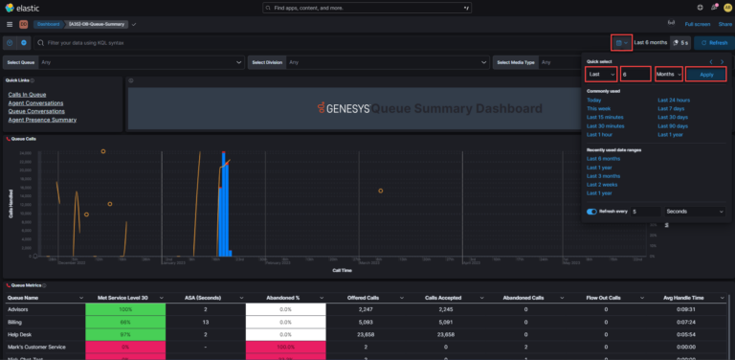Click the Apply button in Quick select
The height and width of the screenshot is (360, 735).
[x=706, y=74]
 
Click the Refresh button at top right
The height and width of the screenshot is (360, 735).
[x=713, y=42]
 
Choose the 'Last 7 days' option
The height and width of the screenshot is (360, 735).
[x=671, y=108]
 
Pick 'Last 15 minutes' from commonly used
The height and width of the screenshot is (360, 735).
[x=605, y=117]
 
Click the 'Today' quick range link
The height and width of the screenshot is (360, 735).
[x=594, y=100]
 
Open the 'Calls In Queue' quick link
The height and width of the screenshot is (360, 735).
[x=29, y=94]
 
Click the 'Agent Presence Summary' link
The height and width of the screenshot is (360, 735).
[x=42, y=120]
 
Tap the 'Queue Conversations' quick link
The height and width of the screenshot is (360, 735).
[x=36, y=111]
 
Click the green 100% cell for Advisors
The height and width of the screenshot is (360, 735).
[x=125, y=310]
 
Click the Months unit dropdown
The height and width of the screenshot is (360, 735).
[x=668, y=74]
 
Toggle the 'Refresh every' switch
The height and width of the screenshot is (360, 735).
[x=591, y=211]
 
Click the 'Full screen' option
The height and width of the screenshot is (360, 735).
[x=698, y=24]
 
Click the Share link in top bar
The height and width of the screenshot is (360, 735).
[x=725, y=24]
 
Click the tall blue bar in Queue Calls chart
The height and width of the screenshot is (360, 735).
[x=223, y=206]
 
